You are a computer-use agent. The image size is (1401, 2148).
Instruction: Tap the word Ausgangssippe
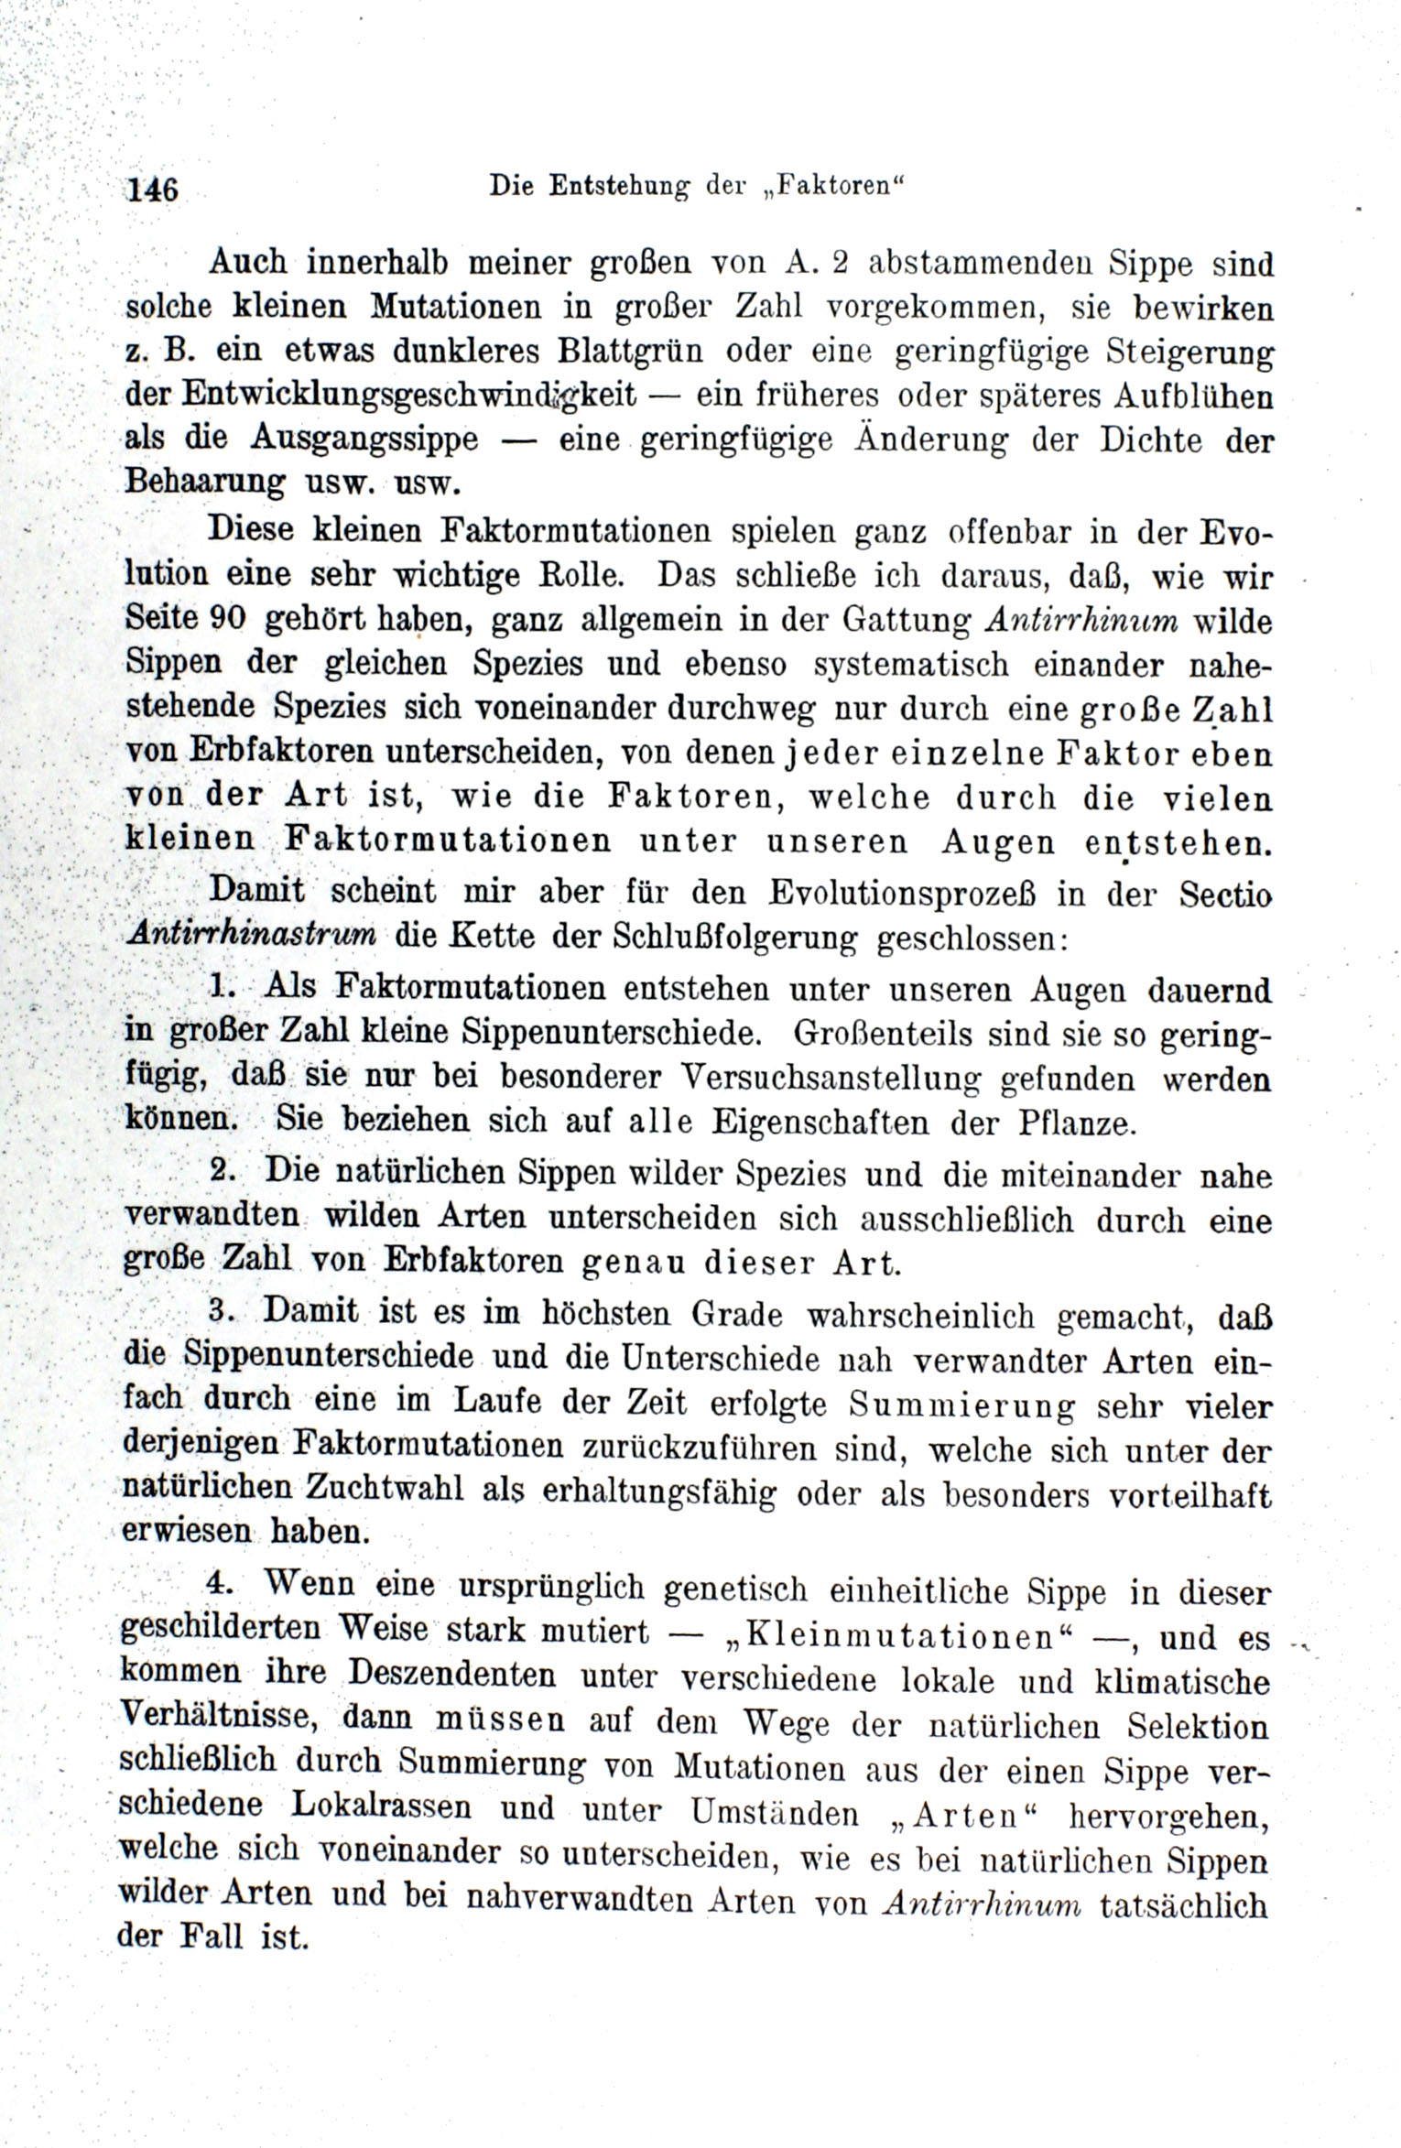pos(364,439)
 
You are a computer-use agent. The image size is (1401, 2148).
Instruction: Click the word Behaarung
pos(204,482)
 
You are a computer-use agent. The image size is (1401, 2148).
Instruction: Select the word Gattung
pos(907,621)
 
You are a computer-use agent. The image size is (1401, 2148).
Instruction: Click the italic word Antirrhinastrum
pos(253,935)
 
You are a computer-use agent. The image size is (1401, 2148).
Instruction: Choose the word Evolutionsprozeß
pos(902,894)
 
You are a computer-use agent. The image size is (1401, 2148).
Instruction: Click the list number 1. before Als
pos(223,986)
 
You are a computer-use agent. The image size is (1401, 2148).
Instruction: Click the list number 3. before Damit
pos(223,1310)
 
